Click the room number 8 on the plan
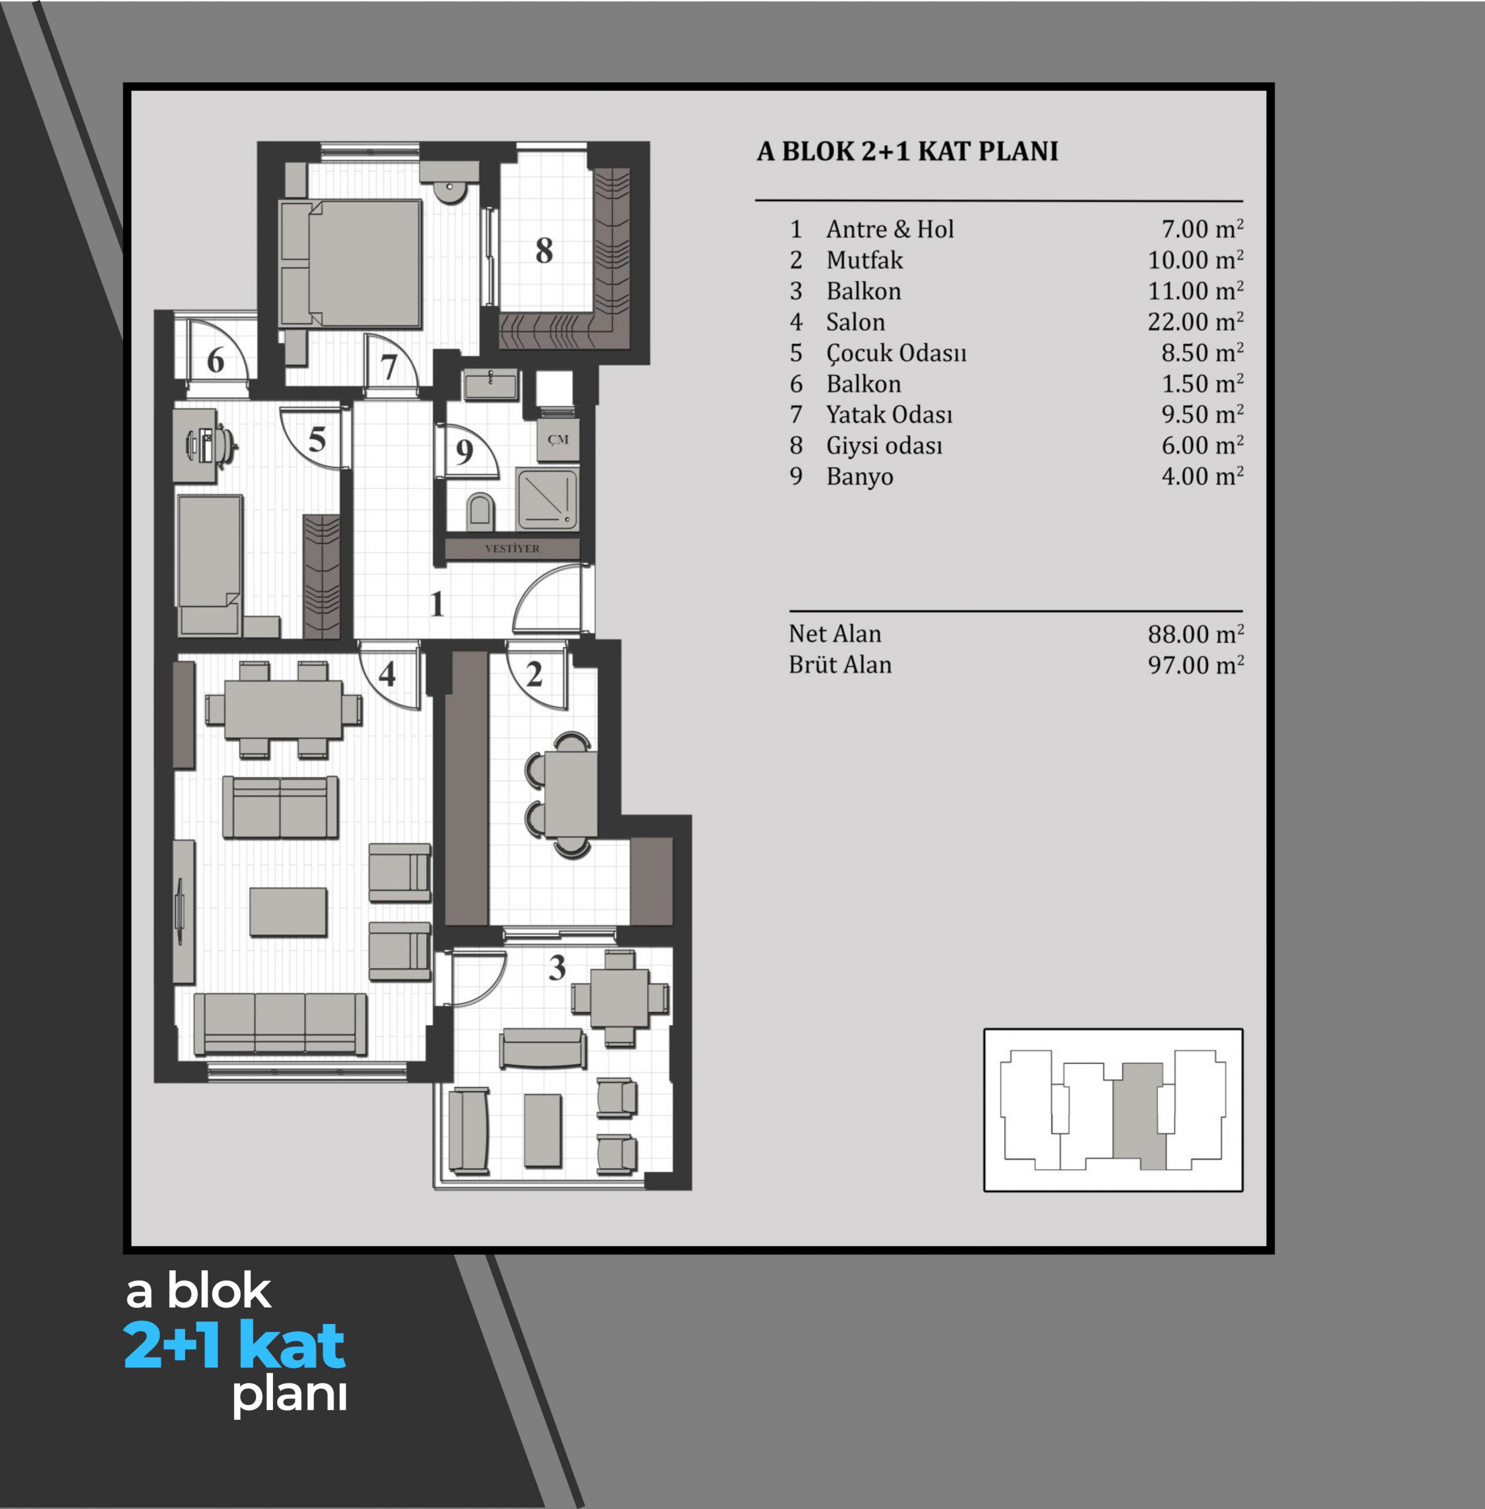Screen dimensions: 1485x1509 click(544, 251)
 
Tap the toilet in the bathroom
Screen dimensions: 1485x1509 click(480, 511)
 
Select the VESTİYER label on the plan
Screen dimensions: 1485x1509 click(512, 548)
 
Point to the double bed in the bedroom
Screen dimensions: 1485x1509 click(351, 263)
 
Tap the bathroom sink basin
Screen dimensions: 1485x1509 click(490, 384)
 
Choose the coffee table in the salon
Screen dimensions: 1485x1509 click(288, 911)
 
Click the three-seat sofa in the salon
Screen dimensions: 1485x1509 click(280, 1024)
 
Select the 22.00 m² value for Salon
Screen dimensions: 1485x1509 click(1195, 321)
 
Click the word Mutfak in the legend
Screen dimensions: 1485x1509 click(864, 260)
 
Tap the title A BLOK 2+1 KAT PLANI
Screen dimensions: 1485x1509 click(907, 151)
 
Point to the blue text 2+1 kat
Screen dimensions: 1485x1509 click(235, 1345)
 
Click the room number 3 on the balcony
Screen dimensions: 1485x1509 click(557, 968)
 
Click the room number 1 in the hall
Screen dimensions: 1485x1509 click(437, 604)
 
